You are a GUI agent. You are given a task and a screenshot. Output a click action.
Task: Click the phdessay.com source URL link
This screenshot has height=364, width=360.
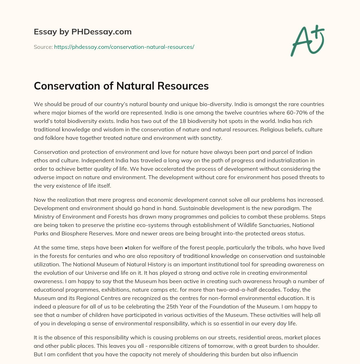[x=124, y=47]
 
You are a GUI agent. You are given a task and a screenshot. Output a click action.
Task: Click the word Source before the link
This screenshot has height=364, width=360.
[x=43, y=47]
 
